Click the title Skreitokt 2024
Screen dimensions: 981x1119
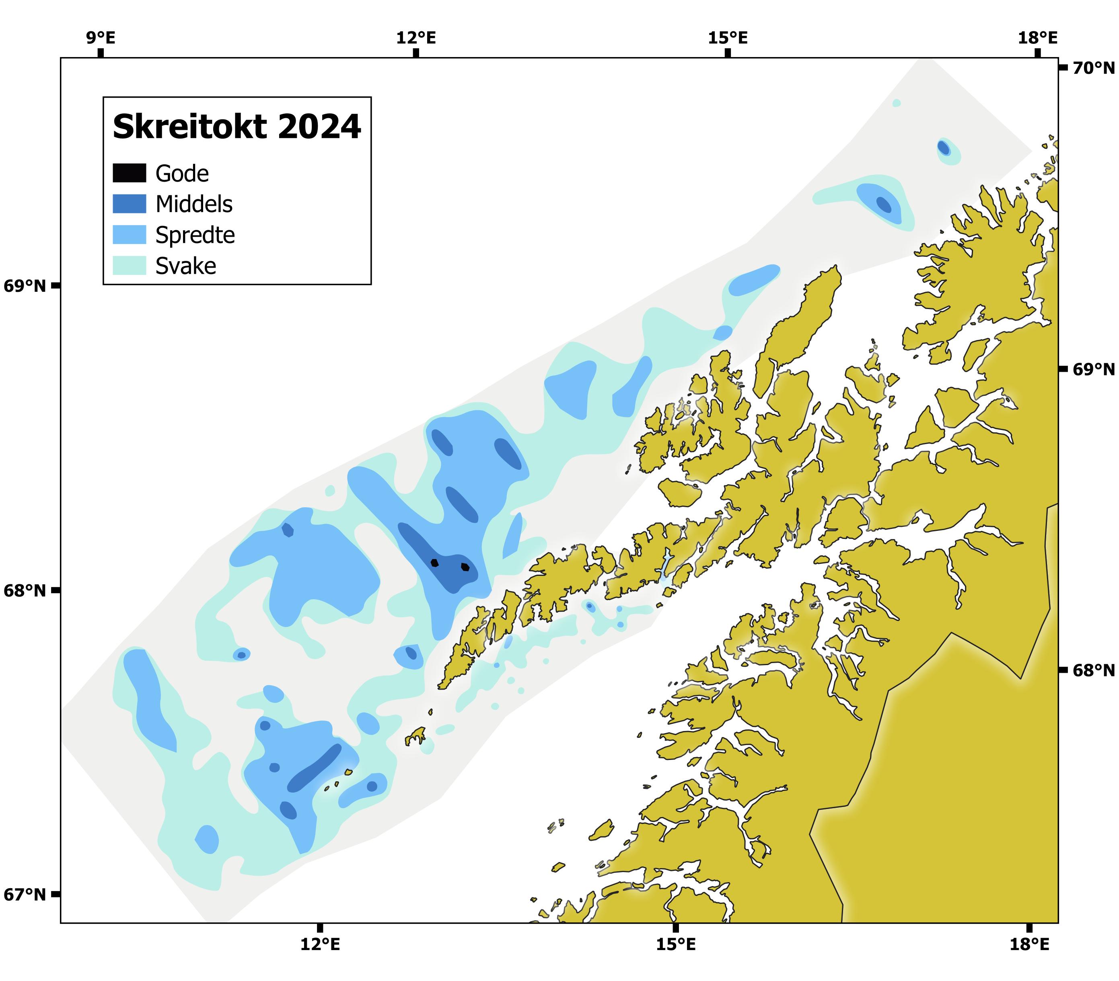(x=237, y=127)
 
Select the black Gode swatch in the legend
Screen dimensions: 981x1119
(x=129, y=173)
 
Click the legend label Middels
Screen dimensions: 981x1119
(x=194, y=204)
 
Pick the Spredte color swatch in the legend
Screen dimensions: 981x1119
(x=129, y=235)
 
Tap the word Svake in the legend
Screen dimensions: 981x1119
(x=185, y=266)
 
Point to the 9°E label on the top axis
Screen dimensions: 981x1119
(x=100, y=38)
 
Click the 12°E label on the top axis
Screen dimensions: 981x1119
(x=416, y=38)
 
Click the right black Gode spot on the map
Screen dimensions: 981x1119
(x=465, y=567)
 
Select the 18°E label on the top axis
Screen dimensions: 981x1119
(x=1037, y=38)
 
